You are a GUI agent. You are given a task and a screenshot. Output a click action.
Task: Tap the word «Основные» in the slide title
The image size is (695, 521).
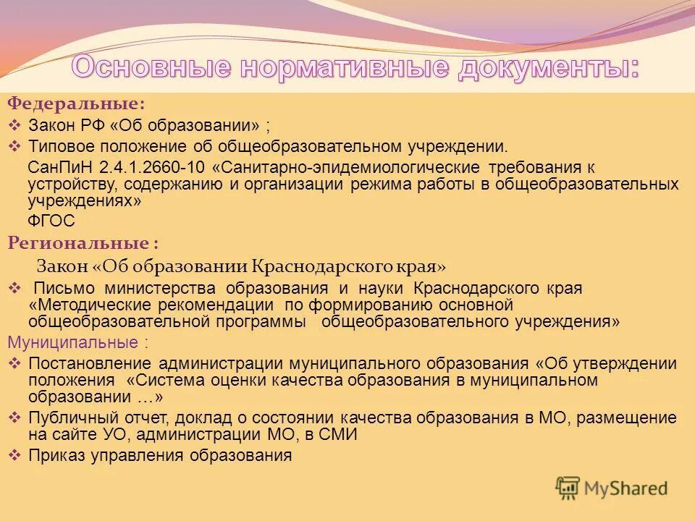[x=152, y=68]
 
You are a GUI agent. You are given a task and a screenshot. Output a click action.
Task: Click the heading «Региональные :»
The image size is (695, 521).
[x=83, y=242]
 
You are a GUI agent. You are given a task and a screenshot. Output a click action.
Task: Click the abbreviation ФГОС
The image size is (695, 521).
[x=51, y=221]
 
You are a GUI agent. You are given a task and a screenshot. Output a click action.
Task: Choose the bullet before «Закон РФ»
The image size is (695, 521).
[x=17, y=124]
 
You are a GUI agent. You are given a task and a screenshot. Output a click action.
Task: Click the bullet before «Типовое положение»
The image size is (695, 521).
[x=17, y=145]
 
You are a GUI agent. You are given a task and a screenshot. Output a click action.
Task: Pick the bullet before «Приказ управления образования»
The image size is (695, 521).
[x=17, y=455]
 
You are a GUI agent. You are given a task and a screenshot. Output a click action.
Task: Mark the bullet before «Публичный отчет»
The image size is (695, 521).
[x=17, y=418]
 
